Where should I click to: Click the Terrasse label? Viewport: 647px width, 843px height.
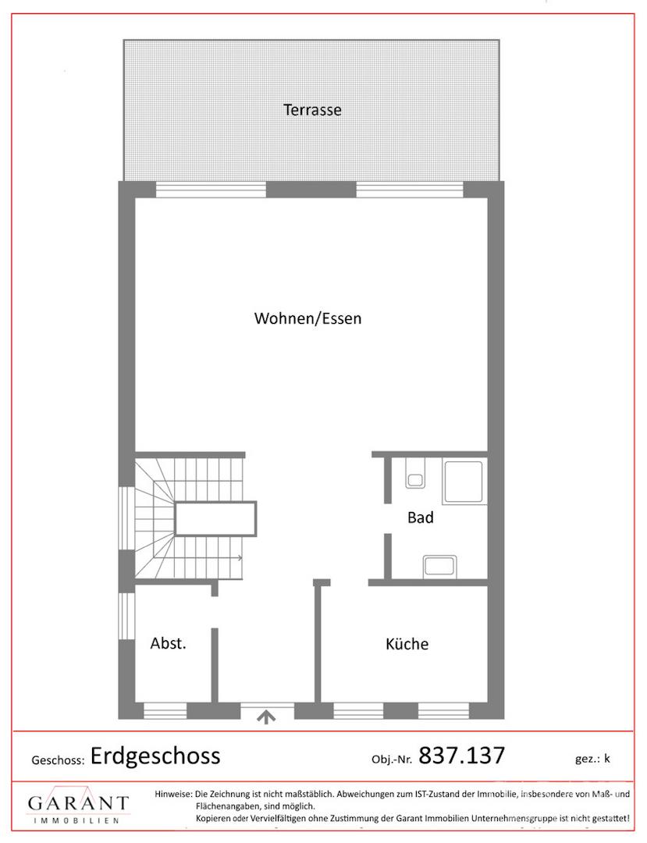pyautogui.click(x=312, y=110)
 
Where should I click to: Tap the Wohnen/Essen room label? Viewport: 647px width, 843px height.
pyautogui.click(x=308, y=318)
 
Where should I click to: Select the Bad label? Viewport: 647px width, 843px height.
pyautogui.click(x=420, y=518)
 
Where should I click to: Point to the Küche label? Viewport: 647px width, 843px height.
pyautogui.click(x=407, y=643)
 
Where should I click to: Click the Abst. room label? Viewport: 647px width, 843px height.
pyautogui.click(x=169, y=643)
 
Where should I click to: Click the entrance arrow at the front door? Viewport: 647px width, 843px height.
pyautogui.click(x=267, y=717)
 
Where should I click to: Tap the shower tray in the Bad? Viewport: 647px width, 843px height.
pyautogui.click(x=463, y=481)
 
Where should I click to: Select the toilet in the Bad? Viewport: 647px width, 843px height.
pyautogui.click(x=415, y=474)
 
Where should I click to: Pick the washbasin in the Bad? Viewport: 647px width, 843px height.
pyautogui.click(x=440, y=566)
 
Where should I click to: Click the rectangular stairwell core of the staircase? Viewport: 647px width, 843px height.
pyautogui.click(x=215, y=518)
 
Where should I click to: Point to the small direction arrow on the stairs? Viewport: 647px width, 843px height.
pyautogui.click(x=237, y=558)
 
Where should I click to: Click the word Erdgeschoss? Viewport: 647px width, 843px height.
pyautogui.click(x=155, y=756)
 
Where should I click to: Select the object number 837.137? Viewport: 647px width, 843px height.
pyautogui.click(x=461, y=755)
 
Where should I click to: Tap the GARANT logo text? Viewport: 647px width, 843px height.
pyautogui.click(x=79, y=803)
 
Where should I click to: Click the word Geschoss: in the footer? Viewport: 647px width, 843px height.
pyautogui.click(x=58, y=760)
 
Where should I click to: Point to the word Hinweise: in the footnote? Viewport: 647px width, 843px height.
pyautogui.click(x=173, y=794)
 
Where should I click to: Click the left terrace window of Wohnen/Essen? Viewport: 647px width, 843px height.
pyautogui.click(x=212, y=190)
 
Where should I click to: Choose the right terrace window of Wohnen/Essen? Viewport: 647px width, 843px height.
pyautogui.click(x=410, y=190)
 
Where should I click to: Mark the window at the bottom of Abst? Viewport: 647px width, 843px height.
pyautogui.click(x=165, y=711)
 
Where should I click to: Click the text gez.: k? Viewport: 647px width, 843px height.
pyautogui.click(x=592, y=759)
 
